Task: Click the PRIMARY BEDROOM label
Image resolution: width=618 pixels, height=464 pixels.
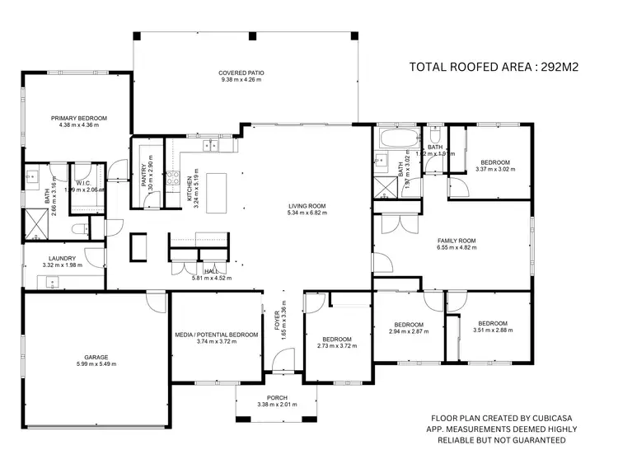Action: coord(78,118)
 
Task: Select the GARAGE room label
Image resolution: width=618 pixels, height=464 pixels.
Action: coord(96,357)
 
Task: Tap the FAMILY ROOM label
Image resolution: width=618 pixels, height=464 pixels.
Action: coord(456,241)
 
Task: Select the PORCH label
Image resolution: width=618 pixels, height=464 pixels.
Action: coord(277,397)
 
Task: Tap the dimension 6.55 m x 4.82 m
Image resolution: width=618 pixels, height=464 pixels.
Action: coord(456,248)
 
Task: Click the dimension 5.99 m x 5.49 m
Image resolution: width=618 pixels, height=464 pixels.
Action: coord(96,364)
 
